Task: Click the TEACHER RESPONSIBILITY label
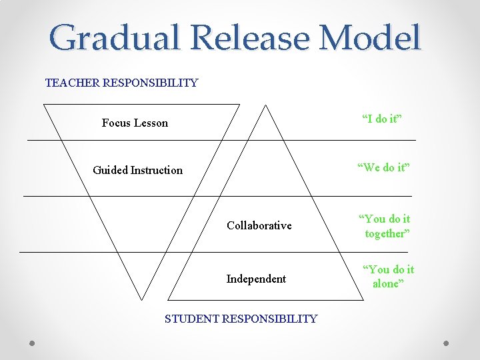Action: tap(121, 83)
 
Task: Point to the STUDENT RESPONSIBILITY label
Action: tap(241, 319)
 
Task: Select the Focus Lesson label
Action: tap(135, 123)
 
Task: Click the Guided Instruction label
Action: tap(137, 170)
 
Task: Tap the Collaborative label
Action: tap(259, 225)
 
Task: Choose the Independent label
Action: tap(256, 279)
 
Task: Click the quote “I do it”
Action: tap(381, 119)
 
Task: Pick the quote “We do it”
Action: tap(383, 167)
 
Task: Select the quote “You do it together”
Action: tap(385, 226)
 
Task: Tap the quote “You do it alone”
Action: tap(387, 276)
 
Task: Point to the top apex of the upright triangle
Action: tap(265, 105)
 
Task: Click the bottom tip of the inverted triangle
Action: tap(142, 299)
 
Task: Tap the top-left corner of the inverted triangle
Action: tap(43, 105)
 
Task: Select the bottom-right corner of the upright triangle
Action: tap(363, 299)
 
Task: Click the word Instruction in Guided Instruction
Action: tap(157, 170)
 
